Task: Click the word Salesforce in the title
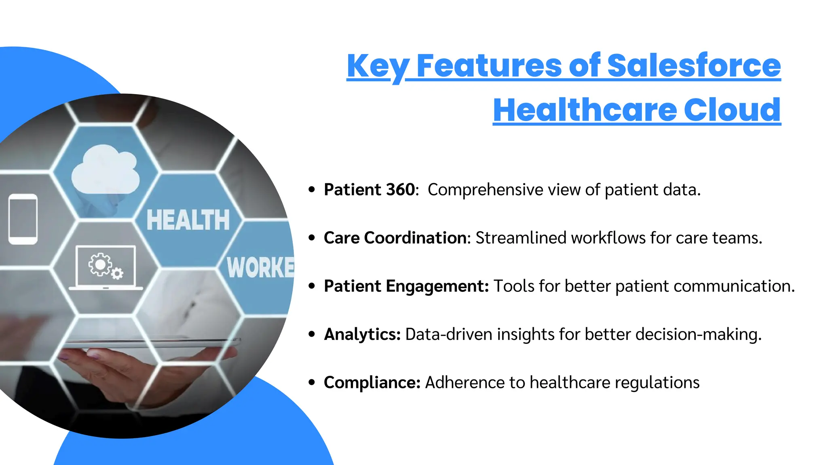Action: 694,65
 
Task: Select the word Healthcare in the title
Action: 585,110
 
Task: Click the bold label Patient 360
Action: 369,190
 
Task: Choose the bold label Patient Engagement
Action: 406,286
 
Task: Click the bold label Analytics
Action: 362,334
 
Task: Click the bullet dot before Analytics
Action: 311,334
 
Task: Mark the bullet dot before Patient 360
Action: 311,189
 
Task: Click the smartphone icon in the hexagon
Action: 23,219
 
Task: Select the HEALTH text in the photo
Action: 188,220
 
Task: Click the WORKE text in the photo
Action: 260,267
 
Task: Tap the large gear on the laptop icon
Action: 100,264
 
